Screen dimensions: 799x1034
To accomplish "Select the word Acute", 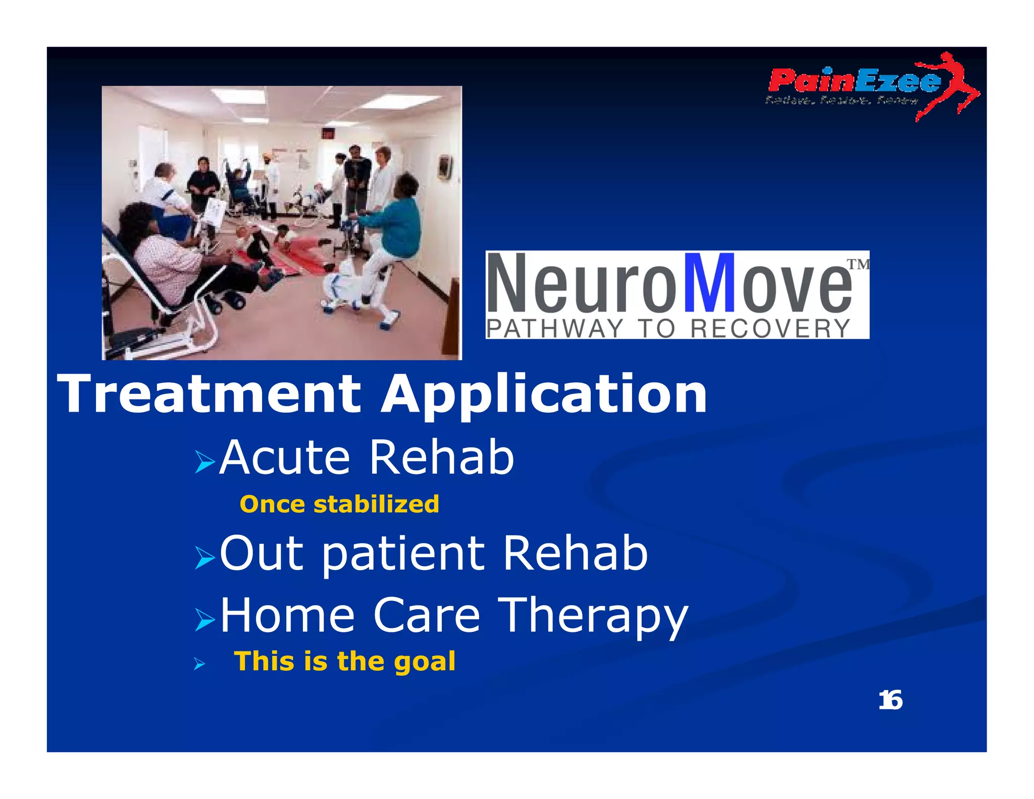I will point(285,458).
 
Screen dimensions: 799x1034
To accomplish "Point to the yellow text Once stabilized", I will point(339,505).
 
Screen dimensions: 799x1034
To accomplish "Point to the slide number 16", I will point(890,701).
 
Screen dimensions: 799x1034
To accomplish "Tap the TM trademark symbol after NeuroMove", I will point(857,264).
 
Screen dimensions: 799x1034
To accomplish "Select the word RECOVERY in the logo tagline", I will point(770,329).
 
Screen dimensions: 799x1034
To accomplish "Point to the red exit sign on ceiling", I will point(329,133).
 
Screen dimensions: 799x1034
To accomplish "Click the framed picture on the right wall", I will point(444,167).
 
